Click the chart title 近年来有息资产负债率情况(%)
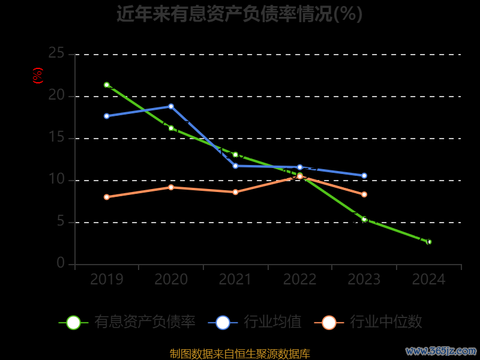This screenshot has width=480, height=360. coord(239,13)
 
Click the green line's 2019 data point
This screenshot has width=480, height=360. coord(107,85)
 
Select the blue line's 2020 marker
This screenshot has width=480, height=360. coord(171,106)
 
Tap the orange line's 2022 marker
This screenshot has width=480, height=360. coord(300,176)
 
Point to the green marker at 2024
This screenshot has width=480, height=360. coord(428,242)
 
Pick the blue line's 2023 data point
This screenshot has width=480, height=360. coord(364,176)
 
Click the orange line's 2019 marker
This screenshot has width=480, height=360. coord(107,197)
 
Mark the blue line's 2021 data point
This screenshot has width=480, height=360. coord(235,166)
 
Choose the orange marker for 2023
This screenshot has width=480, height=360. coord(364,194)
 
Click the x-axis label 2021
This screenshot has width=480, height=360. coord(235,279)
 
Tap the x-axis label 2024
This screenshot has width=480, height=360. coord(428,279)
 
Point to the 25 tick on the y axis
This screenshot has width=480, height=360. coord(56,53)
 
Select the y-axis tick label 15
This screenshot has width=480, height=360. coord(56,137)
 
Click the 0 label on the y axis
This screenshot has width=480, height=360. coord(61,263)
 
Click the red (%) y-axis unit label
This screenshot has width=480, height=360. coord(38,76)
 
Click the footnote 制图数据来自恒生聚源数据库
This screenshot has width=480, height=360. coord(239,353)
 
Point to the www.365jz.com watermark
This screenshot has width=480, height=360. coord(441,350)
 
